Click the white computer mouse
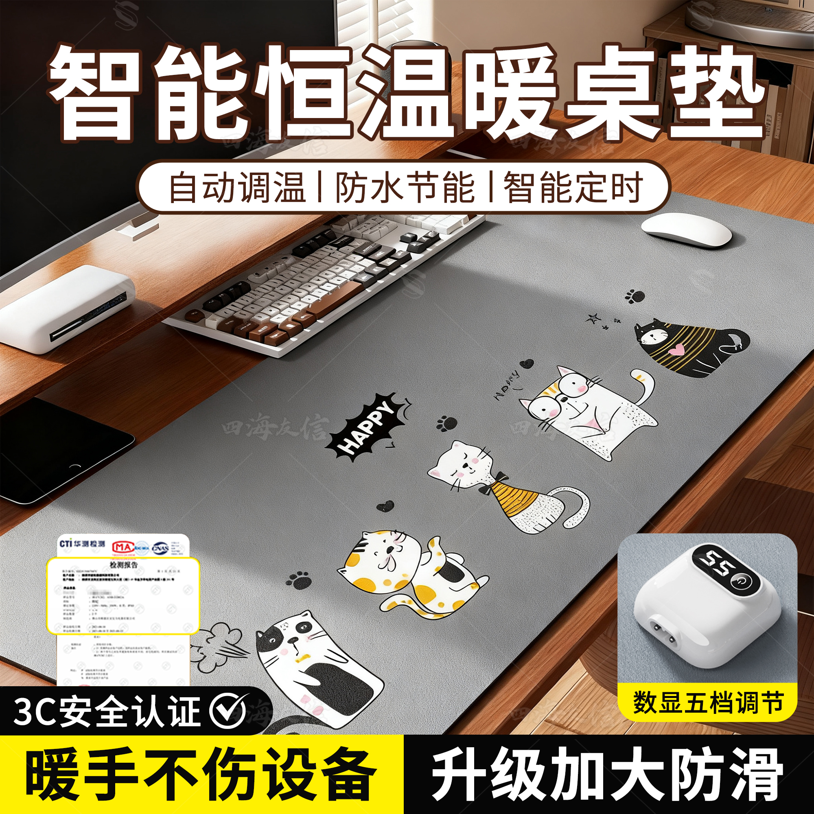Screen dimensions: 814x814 point(686,230)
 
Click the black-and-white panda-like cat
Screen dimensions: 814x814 point(312,666)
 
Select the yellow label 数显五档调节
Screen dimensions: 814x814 point(708,702)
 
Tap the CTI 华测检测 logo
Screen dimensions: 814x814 point(83,543)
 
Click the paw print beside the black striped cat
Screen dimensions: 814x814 point(635,296)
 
